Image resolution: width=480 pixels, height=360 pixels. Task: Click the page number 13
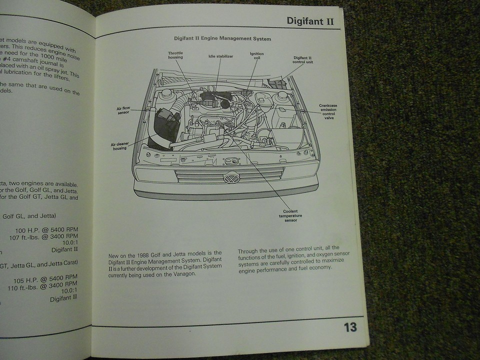tap(350, 327)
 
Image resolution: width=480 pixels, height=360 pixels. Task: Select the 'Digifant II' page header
tap(310, 21)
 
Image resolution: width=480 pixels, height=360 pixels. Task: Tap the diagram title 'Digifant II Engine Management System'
tap(222, 38)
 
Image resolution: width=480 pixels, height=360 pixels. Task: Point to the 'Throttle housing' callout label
tap(175, 55)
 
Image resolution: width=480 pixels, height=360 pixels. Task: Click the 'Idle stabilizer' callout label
tap(220, 56)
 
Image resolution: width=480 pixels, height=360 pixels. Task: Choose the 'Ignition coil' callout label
tap(257, 56)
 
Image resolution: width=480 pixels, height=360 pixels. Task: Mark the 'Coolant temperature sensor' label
tap(291, 215)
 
